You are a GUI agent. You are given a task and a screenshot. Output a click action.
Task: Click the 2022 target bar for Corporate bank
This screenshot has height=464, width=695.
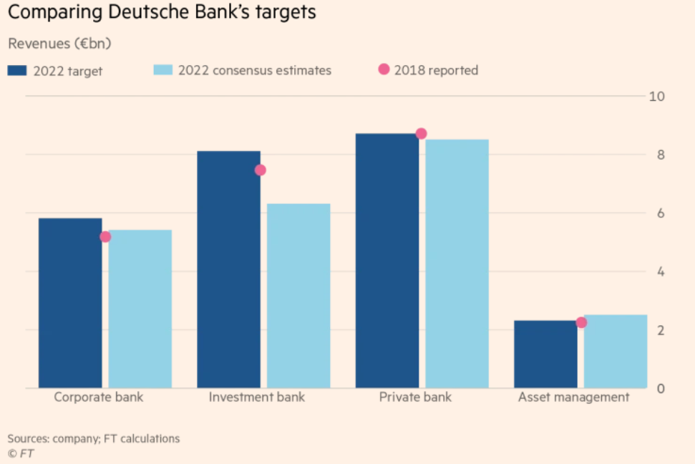[x=70, y=303]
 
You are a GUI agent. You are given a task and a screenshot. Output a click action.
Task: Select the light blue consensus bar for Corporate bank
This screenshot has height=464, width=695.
[x=140, y=309]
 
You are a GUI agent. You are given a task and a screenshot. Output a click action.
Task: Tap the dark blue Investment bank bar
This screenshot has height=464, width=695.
[x=228, y=270]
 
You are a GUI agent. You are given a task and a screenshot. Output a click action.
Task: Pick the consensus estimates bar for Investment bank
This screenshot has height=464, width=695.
[x=298, y=296]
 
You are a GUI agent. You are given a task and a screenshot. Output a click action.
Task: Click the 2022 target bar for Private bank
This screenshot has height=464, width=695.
[x=387, y=261]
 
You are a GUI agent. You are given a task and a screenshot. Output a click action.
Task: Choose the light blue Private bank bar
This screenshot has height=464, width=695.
[x=457, y=264]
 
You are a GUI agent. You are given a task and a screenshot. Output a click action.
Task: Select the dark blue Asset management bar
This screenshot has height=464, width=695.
[x=545, y=355]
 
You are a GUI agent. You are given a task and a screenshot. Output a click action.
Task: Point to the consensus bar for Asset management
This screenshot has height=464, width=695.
[x=616, y=352]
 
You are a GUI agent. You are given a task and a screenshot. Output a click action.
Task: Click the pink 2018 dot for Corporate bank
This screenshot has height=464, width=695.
[x=105, y=237]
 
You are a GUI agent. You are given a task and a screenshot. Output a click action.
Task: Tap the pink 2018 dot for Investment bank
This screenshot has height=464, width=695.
[x=261, y=170]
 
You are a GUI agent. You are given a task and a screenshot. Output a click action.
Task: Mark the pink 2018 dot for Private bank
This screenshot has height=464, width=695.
[x=421, y=134]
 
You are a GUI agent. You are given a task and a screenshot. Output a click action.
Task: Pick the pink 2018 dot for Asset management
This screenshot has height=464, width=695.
[x=581, y=322]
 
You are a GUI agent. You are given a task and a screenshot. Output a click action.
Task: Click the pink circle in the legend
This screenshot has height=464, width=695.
[x=384, y=69]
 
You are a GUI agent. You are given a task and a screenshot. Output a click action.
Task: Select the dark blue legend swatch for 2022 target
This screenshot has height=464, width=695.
[x=17, y=70]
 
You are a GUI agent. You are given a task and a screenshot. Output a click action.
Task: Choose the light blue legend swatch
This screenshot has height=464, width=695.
[x=162, y=70]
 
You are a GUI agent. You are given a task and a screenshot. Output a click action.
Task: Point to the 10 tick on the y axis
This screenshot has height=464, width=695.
[x=656, y=97]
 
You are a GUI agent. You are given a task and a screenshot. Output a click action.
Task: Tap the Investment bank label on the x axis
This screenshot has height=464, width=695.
[x=256, y=397]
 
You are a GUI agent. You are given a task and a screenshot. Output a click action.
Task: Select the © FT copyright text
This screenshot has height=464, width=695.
[x=21, y=453]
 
